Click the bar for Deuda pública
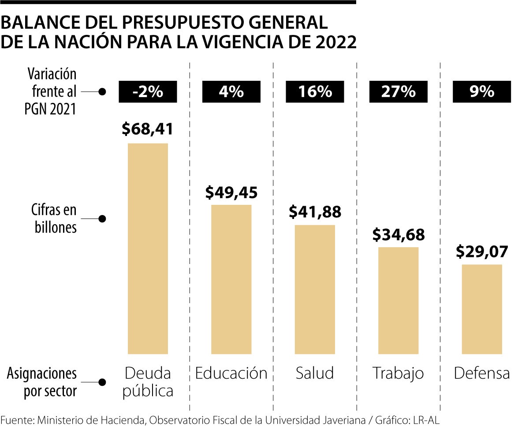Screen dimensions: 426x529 (148, 249)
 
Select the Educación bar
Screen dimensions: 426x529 (231, 279)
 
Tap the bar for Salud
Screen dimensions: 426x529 (315, 289)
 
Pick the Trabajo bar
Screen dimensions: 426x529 (399, 300)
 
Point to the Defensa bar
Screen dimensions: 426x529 (482, 309)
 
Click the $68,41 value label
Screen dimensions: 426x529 (148, 129)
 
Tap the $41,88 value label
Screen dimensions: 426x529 (315, 212)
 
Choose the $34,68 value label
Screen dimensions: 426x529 (399, 234)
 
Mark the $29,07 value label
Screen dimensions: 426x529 (482, 252)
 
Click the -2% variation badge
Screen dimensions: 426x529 (148, 92)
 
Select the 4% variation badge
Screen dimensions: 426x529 (231, 92)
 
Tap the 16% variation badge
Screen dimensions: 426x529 (315, 92)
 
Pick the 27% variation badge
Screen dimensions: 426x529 (399, 92)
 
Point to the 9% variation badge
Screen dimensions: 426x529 (482, 92)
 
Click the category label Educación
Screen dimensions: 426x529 (231, 373)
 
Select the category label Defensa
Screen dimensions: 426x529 (482, 373)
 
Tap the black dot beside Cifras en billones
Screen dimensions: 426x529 (102, 219)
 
